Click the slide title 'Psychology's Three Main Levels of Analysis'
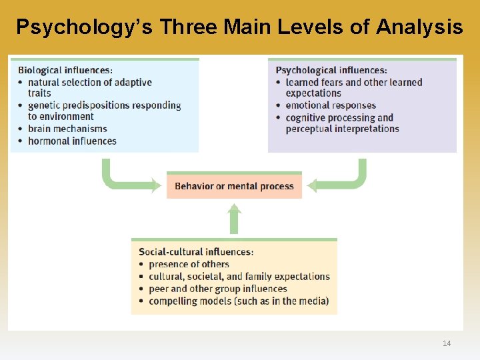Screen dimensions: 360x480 pos(239,27)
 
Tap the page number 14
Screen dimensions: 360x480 pos(447,343)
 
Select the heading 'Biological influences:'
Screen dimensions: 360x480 pos(65,70)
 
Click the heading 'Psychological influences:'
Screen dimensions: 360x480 pos(331,70)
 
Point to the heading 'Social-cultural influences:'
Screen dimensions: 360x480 pos(196,252)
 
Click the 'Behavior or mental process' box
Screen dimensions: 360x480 pos(234,186)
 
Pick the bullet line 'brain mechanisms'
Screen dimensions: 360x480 pos(67,129)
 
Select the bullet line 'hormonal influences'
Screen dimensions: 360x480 pos(72,141)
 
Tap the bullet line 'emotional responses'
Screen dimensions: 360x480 pos(331,105)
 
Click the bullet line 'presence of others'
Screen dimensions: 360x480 pos(189,264)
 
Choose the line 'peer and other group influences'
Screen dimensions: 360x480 pos(217,289)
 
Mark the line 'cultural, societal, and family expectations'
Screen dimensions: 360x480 pos(239,277)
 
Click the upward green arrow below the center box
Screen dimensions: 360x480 pos(234,218)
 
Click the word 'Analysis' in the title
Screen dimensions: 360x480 pos(419,27)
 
